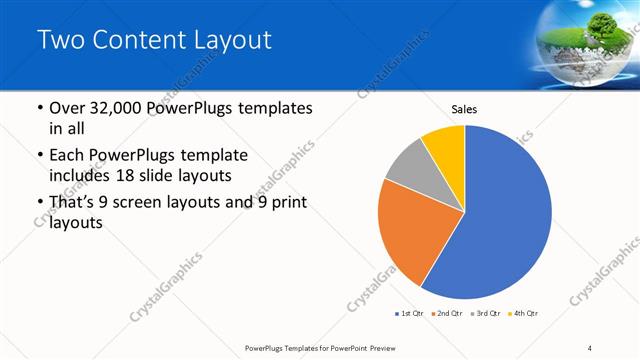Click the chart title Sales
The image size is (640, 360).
pyautogui.click(x=463, y=108)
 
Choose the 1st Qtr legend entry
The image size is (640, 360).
pyautogui.click(x=409, y=314)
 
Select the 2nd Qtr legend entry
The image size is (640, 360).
pyautogui.click(x=445, y=314)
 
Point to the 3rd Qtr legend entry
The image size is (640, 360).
pyautogui.click(x=485, y=314)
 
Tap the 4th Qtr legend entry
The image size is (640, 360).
pyautogui.click(x=523, y=314)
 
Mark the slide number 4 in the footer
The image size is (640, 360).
pyautogui.click(x=590, y=347)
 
